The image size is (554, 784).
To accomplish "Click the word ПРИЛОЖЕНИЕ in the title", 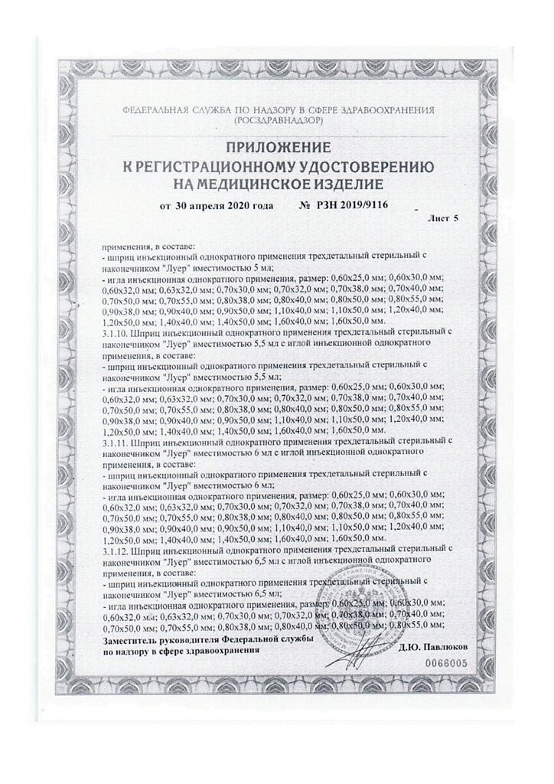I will [x=276, y=146].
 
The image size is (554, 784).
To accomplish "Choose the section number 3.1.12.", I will [x=116, y=551].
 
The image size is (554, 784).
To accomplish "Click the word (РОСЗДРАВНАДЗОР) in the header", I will [x=276, y=122].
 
